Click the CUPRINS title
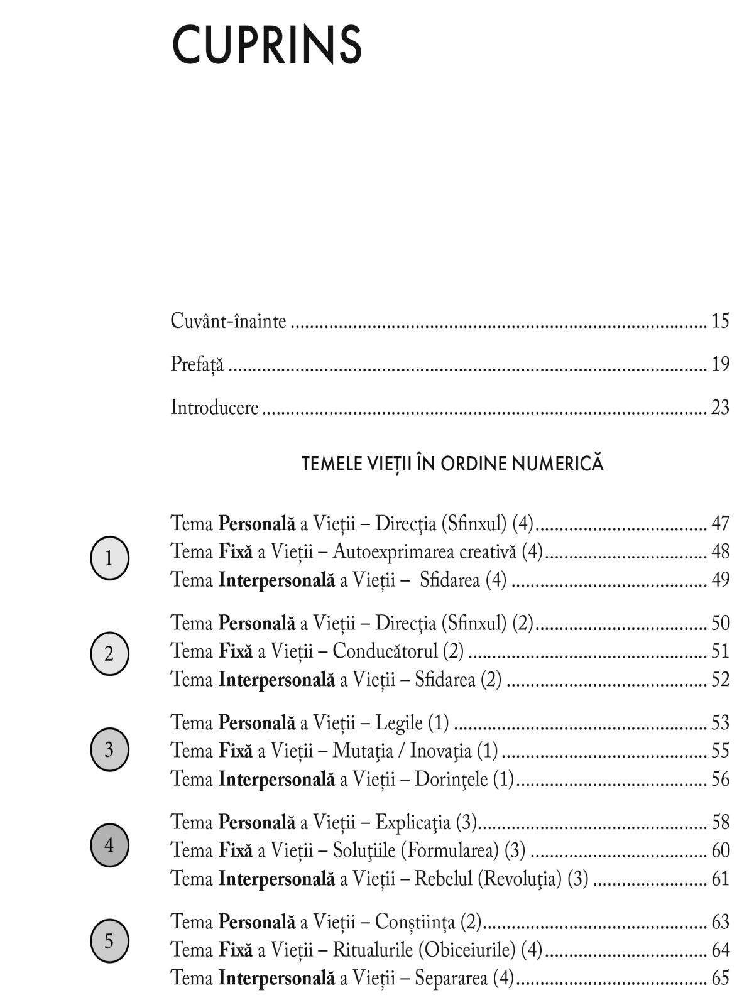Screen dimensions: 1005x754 pos(266,45)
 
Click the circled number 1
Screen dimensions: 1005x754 pos(109,558)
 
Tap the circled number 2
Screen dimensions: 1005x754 pos(109,654)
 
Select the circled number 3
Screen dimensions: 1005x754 pos(109,749)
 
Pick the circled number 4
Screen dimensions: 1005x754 pos(109,845)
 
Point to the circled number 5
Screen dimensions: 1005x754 pos(109,942)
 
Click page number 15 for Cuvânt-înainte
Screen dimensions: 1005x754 pos(720,321)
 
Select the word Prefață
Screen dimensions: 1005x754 pos(197,364)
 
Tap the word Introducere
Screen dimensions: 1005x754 pos(214,408)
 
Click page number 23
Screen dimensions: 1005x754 pos(720,408)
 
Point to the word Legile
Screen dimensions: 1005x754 pos(399,723)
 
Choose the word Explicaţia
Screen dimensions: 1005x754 pos(413,822)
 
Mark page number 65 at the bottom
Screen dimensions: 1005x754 pos(720,978)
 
